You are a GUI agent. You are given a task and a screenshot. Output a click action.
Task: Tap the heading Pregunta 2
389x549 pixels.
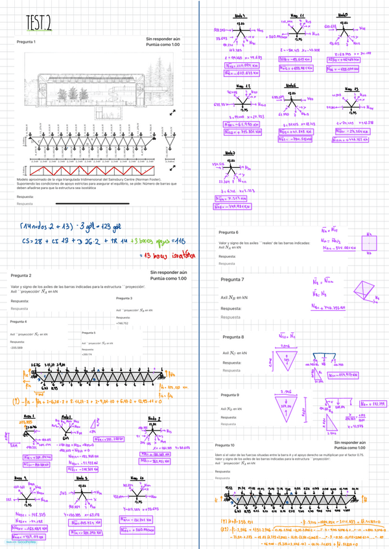click(21, 275)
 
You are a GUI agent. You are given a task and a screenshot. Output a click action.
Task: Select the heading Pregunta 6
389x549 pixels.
click(229, 232)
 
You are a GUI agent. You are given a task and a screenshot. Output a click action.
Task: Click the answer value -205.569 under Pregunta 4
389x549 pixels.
click(18, 348)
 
